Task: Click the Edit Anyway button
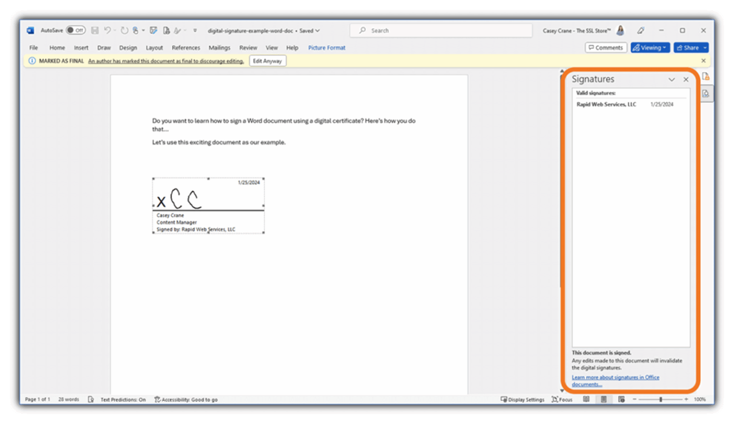point(267,61)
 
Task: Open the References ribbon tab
point(186,48)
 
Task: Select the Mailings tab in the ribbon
point(219,48)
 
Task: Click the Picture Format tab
point(326,48)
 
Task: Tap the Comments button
point(605,48)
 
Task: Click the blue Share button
point(688,48)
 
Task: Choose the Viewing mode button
point(649,48)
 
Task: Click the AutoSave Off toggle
point(76,31)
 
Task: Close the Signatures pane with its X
point(686,80)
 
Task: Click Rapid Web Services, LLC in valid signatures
point(606,104)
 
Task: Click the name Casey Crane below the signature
point(170,216)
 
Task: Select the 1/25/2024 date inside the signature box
point(248,183)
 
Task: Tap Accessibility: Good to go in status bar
point(186,400)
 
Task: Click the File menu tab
point(33,48)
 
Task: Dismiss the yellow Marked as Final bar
point(703,61)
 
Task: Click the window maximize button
point(682,31)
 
